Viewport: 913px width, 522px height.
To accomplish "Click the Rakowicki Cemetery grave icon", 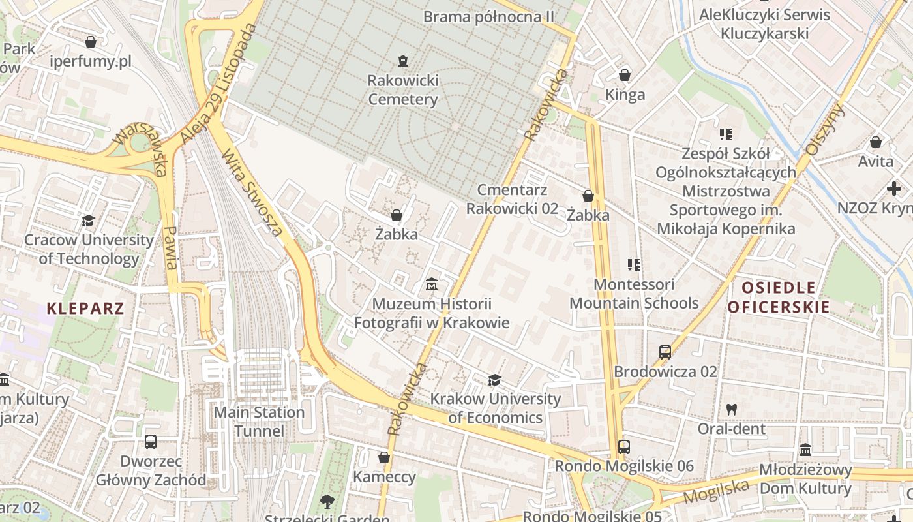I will (403, 62).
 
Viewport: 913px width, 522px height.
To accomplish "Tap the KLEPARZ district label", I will (85, 308).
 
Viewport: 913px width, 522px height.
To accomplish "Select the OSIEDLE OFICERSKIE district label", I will (779, 298).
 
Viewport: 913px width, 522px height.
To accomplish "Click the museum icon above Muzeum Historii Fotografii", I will (431, 284).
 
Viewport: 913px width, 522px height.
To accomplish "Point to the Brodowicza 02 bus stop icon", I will (665, 352).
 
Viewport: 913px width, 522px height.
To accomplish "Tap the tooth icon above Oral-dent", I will (732, 410).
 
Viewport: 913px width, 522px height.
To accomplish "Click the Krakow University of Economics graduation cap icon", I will (495, 380).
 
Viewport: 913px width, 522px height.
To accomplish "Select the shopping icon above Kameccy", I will (384, 458).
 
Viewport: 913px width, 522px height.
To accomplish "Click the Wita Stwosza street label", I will (252, 193).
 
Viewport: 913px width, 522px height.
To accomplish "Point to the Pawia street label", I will (171, 248).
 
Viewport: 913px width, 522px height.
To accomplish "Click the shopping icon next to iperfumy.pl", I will (91, 42).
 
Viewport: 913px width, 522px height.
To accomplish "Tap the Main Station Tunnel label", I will (260, 422).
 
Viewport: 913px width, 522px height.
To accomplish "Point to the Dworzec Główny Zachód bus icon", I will (151, 442).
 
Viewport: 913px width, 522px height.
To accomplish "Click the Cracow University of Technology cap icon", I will (89, 221).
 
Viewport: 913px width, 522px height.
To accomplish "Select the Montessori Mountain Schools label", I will (634, 294).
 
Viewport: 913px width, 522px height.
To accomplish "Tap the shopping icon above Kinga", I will (625, 75).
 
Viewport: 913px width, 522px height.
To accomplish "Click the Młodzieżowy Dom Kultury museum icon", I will (805, 450).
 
